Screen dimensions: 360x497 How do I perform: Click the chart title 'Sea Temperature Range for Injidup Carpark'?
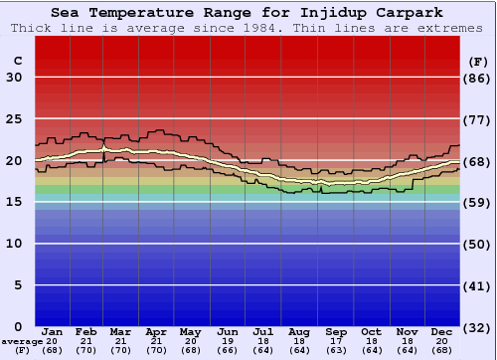248,13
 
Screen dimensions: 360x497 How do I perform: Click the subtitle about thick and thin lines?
248,28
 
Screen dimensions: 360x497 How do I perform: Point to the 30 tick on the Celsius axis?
14,78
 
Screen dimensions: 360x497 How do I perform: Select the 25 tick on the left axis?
14,119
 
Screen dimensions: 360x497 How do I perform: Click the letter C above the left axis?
17,61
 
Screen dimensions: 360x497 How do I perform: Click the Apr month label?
156,331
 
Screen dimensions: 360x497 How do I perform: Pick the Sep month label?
336,331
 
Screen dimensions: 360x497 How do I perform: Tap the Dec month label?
442,331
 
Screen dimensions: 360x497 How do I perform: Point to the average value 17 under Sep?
336,340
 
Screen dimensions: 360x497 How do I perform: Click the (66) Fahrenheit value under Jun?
228,350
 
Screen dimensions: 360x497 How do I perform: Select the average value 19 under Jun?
228,340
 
